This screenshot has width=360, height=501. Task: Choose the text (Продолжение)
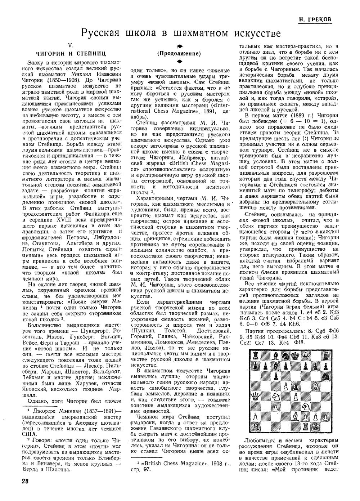(x=179, y=54)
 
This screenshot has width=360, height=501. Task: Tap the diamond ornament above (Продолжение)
(x=179, y=46)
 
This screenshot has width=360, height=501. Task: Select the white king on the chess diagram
(x=316, y=426)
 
